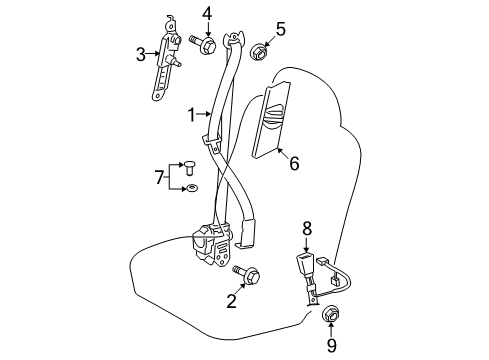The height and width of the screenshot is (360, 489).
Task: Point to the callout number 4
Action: tap(206, 13)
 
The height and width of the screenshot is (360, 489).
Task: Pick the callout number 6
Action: tap(293, 162)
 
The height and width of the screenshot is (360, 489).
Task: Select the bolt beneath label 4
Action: tap(204, 44)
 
